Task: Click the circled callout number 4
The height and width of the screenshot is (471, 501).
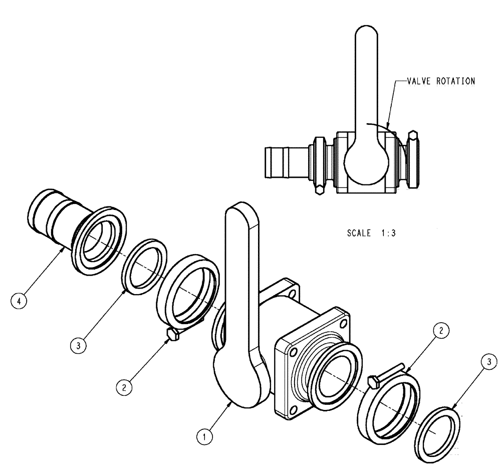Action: pyautogui.click(x=20, y=302)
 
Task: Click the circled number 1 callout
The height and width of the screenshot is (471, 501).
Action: pyautogui.click(x=202, y=437)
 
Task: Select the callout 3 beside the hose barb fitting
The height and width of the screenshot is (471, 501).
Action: pyautogui.click(x=79, y=346)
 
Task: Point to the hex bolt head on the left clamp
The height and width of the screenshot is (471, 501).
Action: pyautogui.click(x=172, y=335)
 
